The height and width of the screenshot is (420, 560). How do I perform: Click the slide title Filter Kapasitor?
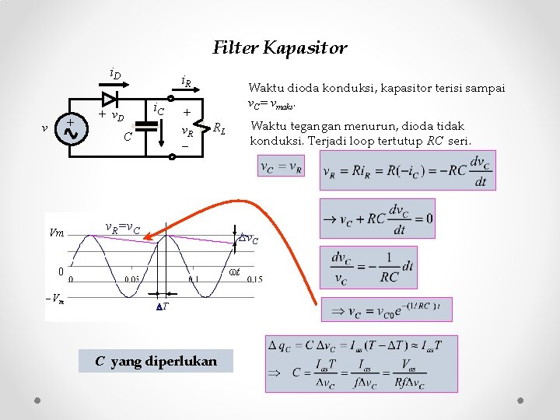[280, 48]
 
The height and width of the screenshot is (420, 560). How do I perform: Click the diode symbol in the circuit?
[109, 99]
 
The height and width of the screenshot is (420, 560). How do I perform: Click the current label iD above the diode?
[114, 75]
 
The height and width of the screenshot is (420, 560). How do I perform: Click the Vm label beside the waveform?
[56, 232]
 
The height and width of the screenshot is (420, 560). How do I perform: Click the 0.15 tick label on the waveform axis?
[254, 280]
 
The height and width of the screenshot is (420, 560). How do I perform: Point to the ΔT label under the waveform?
[163, 307]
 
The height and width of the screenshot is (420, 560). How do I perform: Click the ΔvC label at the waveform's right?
[248, 239]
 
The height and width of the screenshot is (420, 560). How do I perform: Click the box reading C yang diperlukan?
[156, 362]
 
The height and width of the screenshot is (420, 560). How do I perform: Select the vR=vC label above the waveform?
[122, 227]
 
